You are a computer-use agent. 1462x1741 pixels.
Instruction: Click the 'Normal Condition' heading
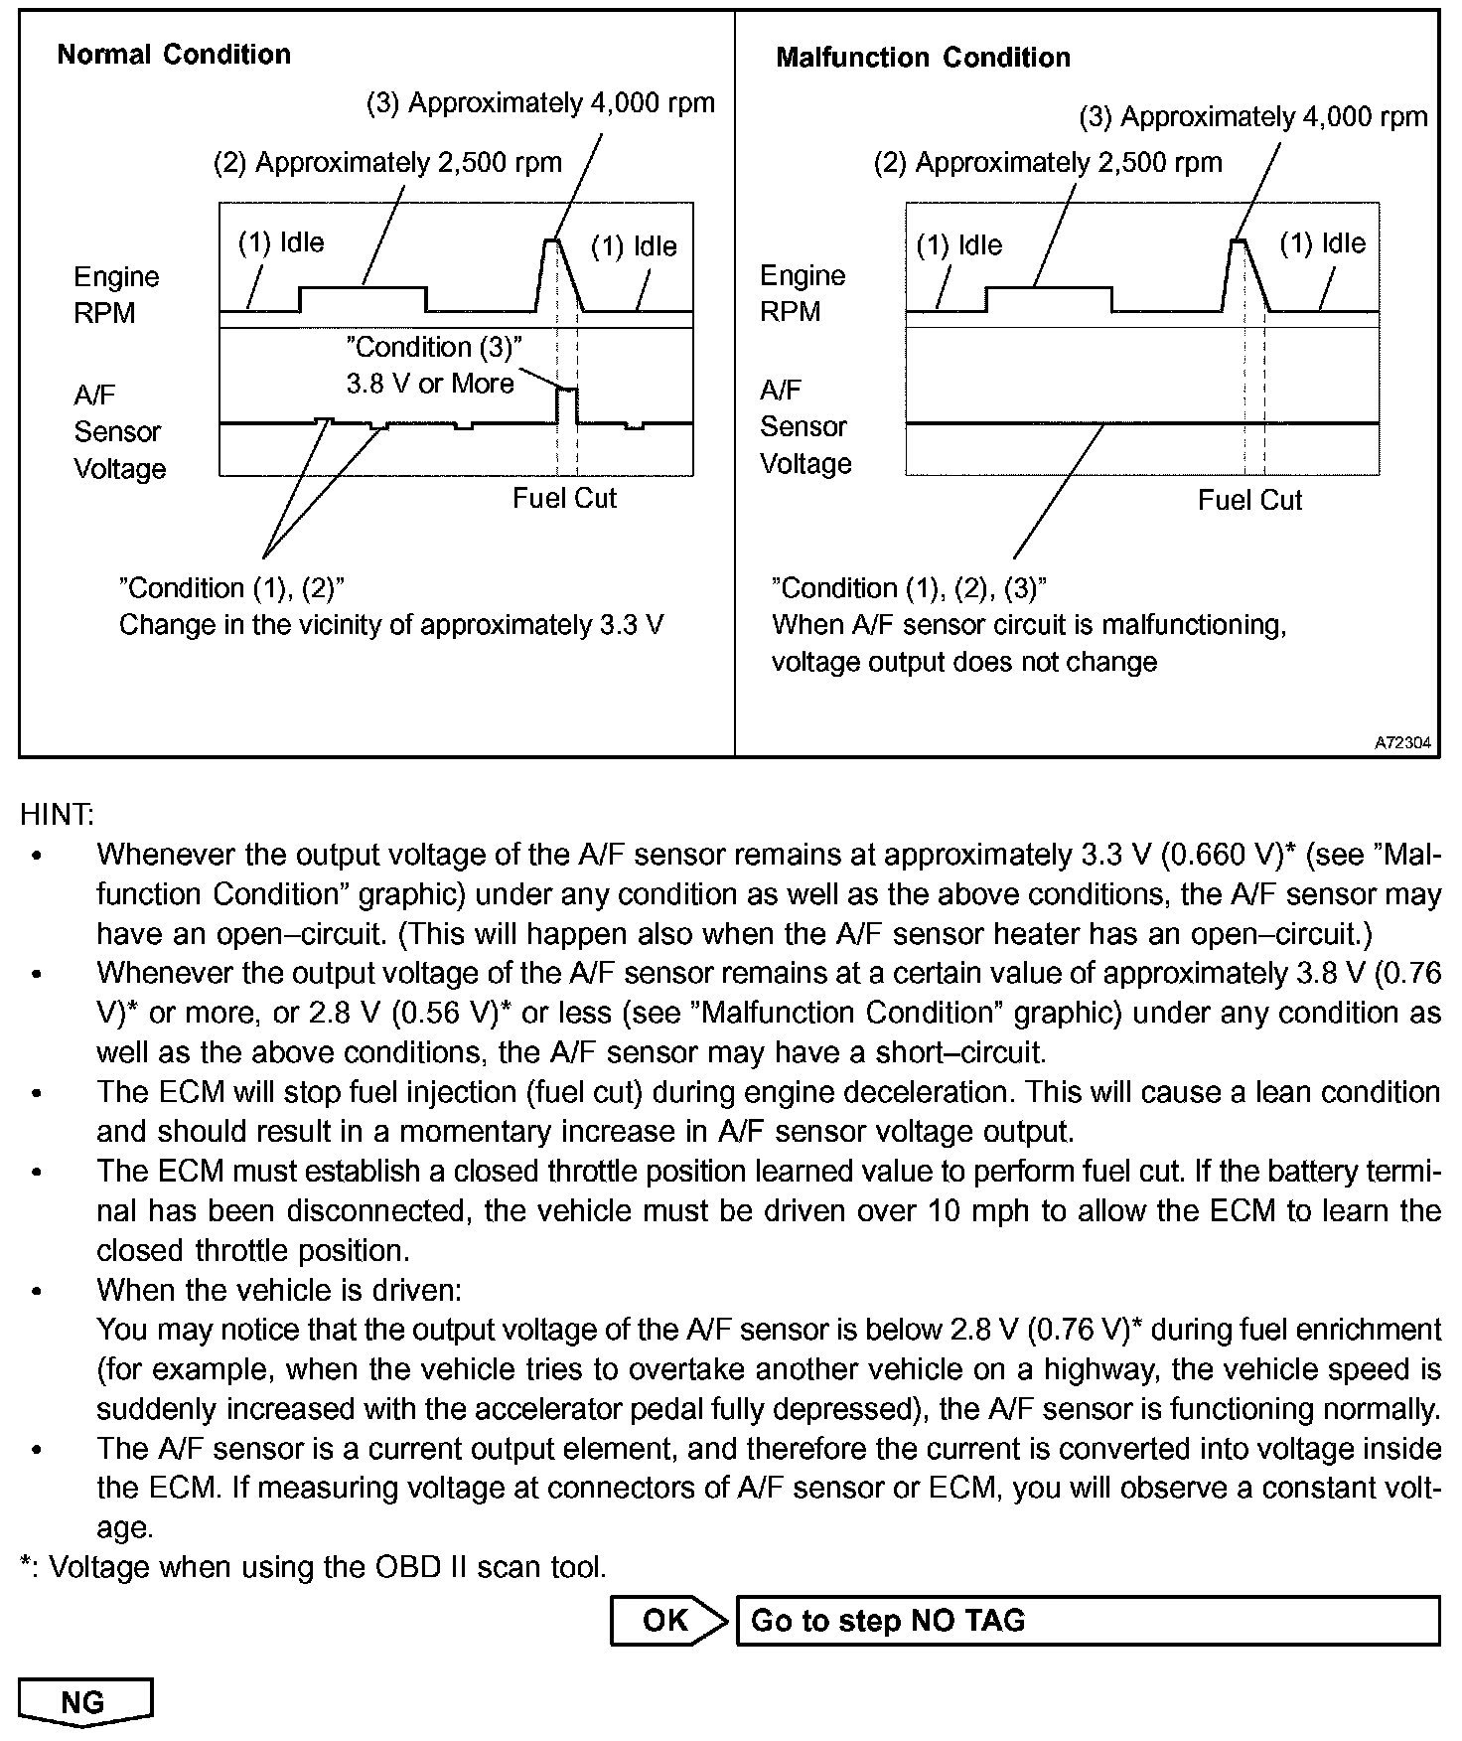(174, 55)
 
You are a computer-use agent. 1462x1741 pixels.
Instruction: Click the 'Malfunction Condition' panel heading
(923, 58)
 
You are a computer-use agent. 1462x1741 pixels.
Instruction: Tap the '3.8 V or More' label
(430, 384)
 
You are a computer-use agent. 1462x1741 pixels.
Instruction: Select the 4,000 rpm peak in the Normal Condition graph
(551, 241)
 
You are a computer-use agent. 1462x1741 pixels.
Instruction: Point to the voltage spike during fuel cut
(566, 391)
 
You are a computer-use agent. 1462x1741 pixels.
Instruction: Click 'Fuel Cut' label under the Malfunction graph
(1249, 500)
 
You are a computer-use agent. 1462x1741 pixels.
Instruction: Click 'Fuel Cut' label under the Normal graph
(564, 498)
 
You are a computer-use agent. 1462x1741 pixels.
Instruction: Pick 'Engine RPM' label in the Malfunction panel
(803, 294)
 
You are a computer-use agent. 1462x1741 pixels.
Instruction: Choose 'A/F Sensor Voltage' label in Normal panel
(118, 432)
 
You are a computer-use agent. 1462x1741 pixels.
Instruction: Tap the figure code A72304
(1403, 742)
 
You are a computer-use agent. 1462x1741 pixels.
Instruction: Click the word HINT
(57, 815)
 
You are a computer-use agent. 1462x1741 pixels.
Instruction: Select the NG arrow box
(84, 1702)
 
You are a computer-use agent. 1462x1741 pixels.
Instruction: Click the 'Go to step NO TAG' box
(1087, 1621)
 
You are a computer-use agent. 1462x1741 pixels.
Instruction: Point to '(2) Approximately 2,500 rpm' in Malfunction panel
(1048, 163)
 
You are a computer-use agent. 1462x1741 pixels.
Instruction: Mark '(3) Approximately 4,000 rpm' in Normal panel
(541, 103)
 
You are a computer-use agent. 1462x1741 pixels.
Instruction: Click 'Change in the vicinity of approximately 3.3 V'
(391, 625)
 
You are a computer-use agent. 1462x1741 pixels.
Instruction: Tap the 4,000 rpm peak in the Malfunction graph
(1238, 241)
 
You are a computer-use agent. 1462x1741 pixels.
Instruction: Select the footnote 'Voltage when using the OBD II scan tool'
(326, 1567)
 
